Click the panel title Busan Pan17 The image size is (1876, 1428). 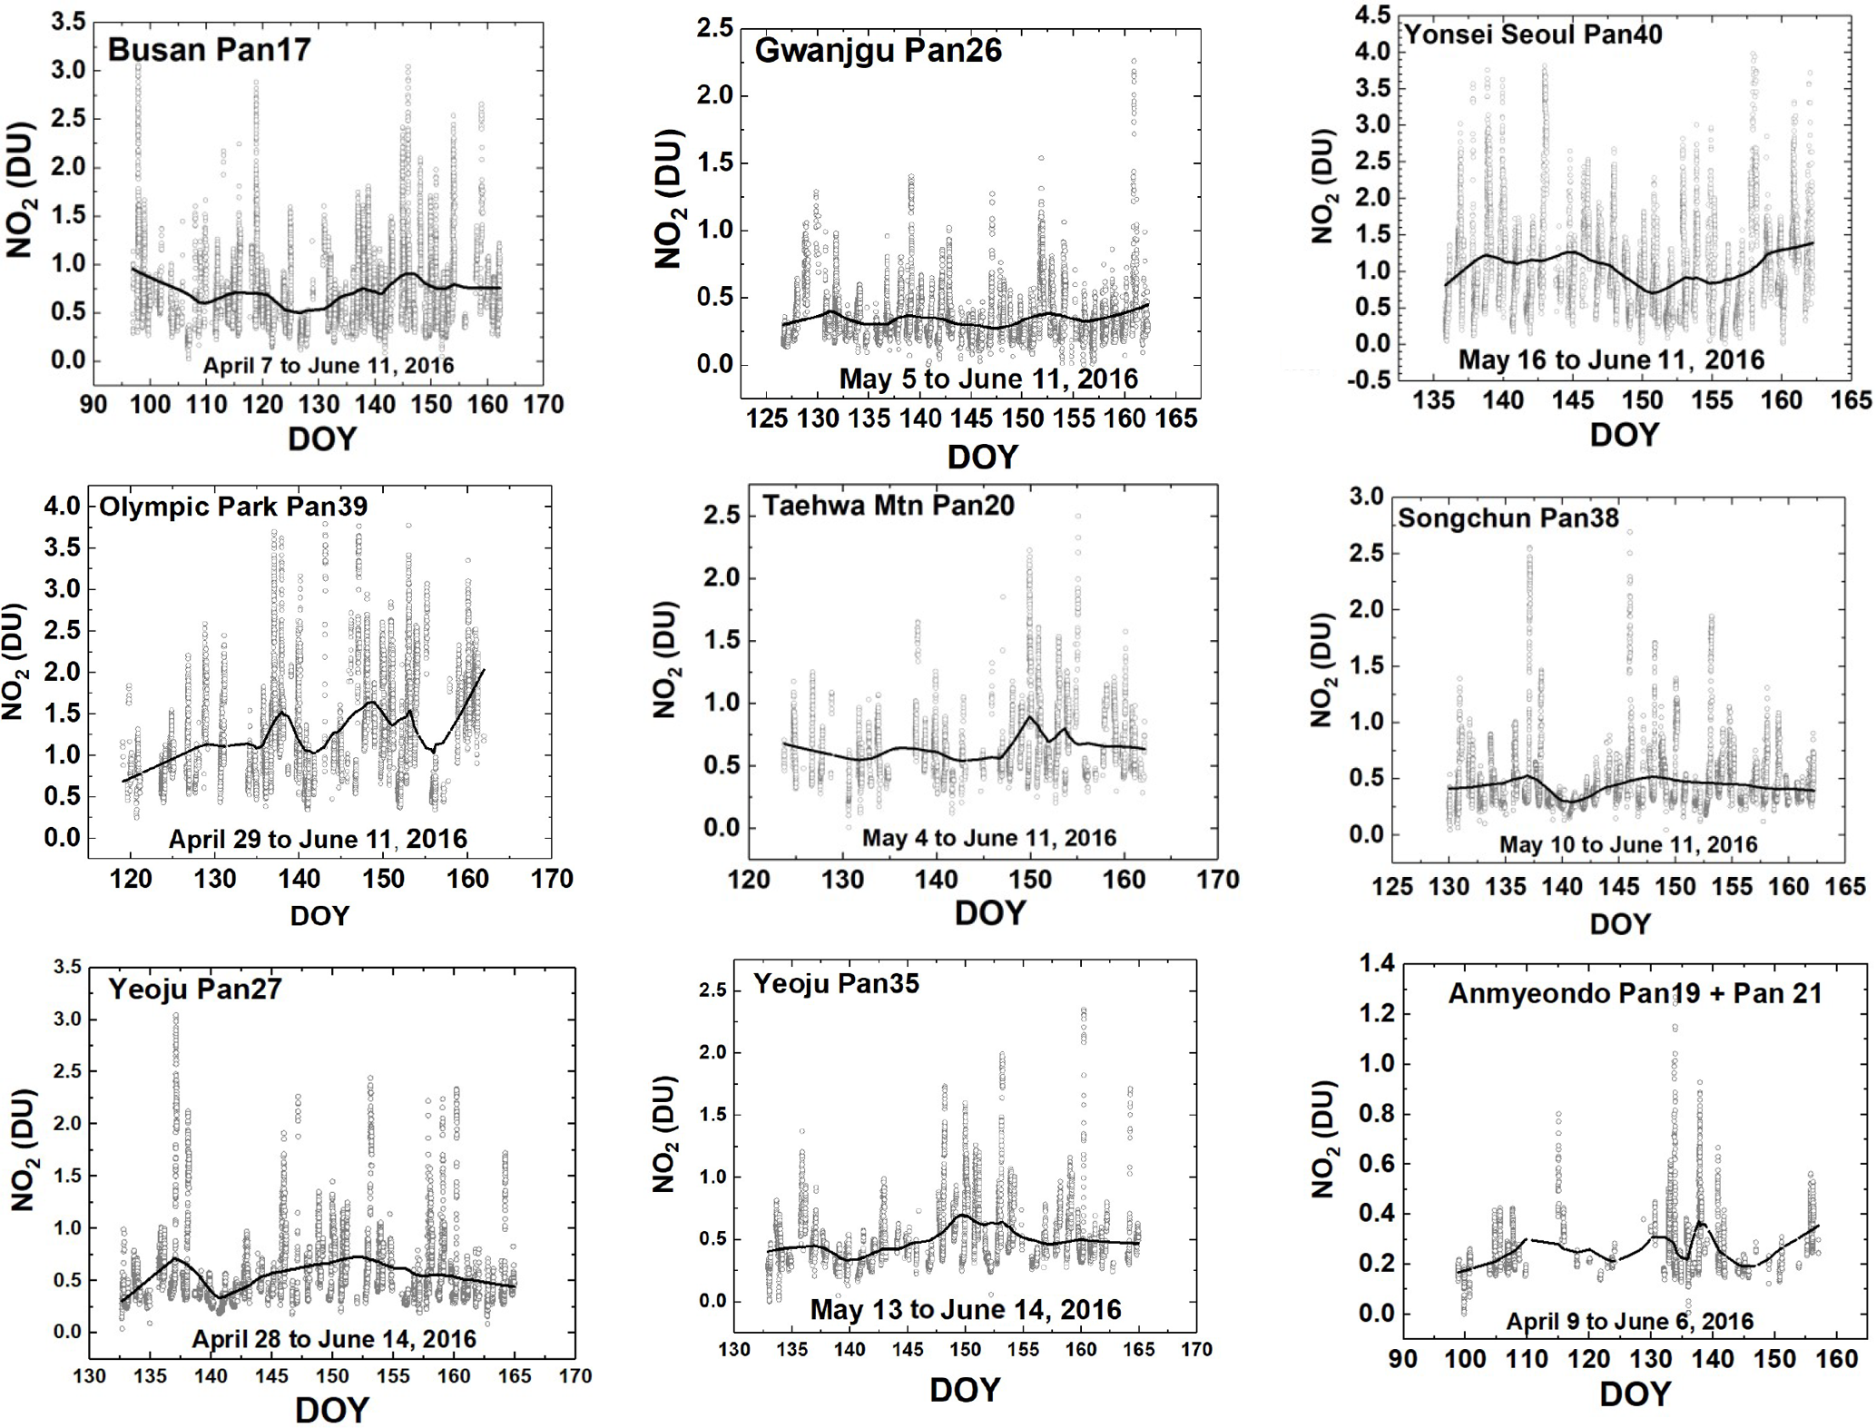(209, 49)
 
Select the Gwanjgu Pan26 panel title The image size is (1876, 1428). (878, 50)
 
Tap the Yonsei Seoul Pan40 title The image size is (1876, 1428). (1533, 34)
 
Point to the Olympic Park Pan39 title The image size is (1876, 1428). (233, 507)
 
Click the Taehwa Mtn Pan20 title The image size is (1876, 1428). (888, 506)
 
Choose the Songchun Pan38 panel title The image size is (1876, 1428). (1508, 518)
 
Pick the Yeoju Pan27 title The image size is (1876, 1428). (194, 989)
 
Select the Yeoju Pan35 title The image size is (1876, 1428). (836, 984)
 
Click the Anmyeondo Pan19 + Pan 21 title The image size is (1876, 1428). (1635, 993)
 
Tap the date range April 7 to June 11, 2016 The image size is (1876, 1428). (328, 366)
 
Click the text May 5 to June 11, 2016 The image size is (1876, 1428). (988, 379)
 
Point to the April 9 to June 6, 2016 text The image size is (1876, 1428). (1630, 1321)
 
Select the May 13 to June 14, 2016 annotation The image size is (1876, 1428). (966, 1309)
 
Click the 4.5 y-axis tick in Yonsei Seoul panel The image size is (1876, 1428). (1372, 15)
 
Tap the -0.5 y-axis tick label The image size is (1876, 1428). (1370, 380)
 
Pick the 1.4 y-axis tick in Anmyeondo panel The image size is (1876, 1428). (1376, 964)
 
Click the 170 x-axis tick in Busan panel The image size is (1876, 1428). (543, 405)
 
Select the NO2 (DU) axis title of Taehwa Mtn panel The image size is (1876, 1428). (666, 658)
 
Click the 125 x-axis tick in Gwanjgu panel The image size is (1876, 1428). (767, 419)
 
